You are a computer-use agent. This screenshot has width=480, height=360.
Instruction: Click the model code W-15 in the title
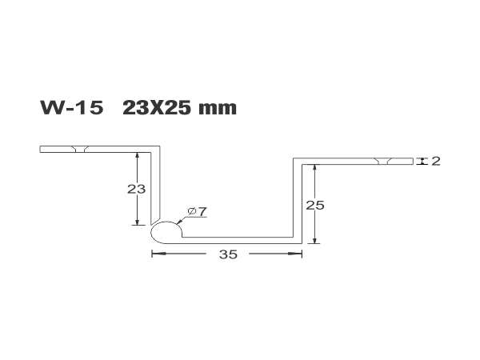point(72,108)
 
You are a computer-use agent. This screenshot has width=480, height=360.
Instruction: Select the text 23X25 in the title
point(158,108)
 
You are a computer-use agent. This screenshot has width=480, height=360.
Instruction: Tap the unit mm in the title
point(218,110)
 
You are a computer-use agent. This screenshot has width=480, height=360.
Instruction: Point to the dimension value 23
point(136,189)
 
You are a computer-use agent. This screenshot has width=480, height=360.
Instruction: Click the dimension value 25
point(315,205)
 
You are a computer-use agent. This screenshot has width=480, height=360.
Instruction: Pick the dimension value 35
point(228,254)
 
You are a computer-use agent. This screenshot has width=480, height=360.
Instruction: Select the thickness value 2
point(436,161)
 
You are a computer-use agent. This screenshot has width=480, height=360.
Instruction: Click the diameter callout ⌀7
point(198,211)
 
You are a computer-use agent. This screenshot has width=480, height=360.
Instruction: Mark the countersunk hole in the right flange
point(383,162)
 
